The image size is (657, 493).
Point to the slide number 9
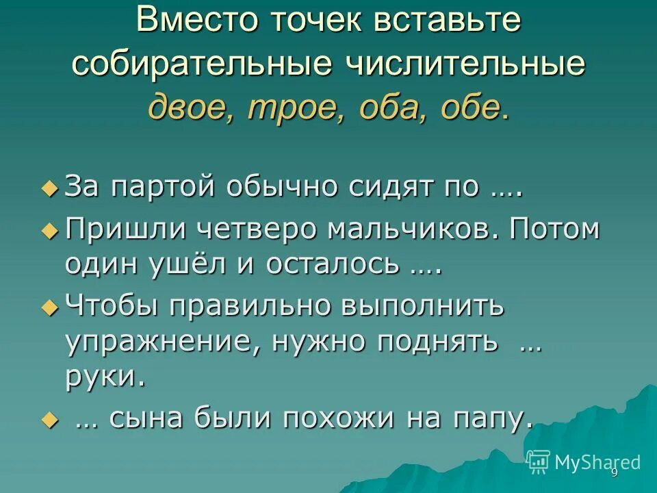click(x=614, y=473)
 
